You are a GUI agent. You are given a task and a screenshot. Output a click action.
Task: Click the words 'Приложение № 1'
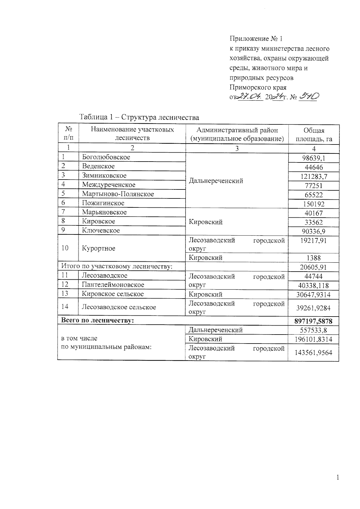pos(256,39)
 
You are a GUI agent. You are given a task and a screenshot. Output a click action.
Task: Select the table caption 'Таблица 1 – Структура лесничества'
pos(139,117)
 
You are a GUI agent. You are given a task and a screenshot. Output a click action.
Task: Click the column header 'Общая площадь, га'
pos(314,135)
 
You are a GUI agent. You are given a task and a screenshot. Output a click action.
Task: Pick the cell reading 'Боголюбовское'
pos(106,157)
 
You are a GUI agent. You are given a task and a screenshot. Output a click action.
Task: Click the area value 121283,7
pos(314,176)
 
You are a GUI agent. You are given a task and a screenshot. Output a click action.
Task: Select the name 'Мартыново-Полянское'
pos(118,194)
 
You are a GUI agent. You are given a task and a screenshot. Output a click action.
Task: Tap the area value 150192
pos(314,204)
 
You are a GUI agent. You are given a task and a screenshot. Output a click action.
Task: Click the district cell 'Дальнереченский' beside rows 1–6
pos(216,181)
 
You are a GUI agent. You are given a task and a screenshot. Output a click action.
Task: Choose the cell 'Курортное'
pos(99,248)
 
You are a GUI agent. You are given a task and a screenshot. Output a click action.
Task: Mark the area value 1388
pos(314,258)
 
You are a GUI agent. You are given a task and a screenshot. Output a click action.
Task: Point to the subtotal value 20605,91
pos(314,267)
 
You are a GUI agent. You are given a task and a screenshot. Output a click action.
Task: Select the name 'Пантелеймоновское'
pos(113,284)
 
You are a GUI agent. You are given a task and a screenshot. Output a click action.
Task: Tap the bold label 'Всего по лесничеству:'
pos(97,320)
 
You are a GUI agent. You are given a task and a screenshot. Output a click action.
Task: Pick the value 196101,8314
pos(314,339)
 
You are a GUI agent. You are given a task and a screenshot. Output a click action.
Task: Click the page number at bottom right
pos(338,478)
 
